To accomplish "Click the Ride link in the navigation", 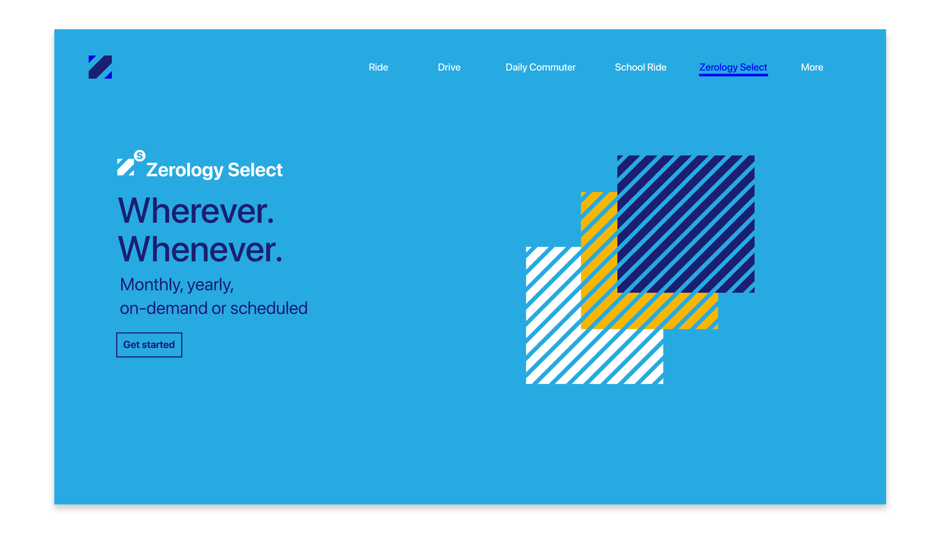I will point(378,67).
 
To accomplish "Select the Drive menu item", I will point(449,67).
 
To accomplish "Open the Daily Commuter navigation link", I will point(540,67).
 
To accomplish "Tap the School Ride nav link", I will point(641,67).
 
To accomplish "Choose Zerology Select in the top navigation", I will point(733,67).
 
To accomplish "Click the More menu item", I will point(812,67).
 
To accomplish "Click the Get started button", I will point(149,345).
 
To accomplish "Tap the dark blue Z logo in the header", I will point(100,67).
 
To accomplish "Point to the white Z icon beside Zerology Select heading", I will point(125,167).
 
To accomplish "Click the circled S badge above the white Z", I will point(140,156).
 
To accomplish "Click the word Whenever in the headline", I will point(200,250).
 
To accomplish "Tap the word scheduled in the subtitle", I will point(269,308).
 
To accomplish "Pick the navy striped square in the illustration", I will point(685,224).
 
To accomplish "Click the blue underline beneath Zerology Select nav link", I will point(733,75).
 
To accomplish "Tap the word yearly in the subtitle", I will point(210,284).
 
